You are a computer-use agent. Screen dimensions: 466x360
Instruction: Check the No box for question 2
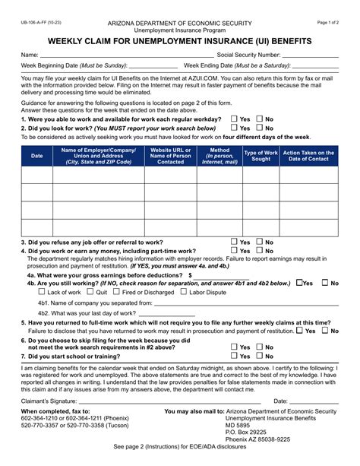(x=260, y=128)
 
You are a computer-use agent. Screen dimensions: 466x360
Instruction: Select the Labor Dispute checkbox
(x=183, y=292)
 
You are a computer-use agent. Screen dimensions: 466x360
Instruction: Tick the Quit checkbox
(x=90, y=292)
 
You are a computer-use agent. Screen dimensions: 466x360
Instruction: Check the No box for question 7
(x=260, y=356)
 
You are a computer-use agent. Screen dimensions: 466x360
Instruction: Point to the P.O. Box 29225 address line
(x=252, y=439)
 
